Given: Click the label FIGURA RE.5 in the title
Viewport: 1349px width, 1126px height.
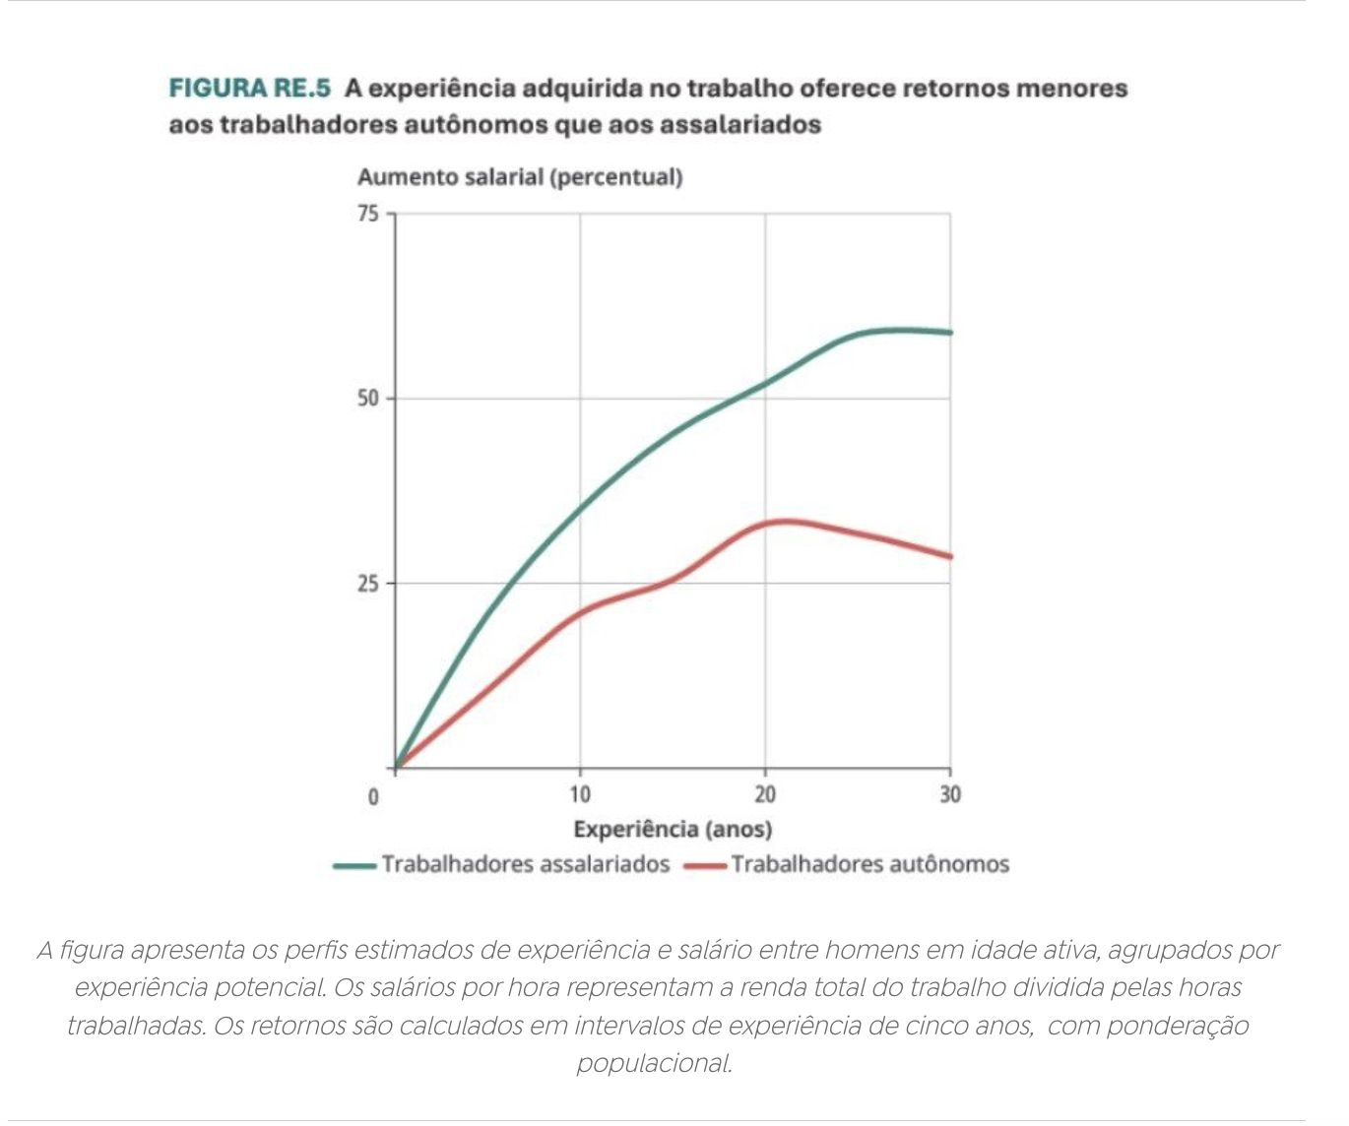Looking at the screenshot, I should click(x=249, y=89).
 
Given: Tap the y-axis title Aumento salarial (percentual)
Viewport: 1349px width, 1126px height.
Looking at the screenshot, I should click(x=519, y=177).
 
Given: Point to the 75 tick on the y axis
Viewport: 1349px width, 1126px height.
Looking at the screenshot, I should click(x=367, y=214).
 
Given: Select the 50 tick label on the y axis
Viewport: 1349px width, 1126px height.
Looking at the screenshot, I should click(x=367, y=399).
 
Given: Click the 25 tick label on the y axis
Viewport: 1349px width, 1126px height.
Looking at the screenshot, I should click(x=367, y=584).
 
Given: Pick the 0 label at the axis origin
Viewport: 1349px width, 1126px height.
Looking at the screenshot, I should click(x=373, y=796).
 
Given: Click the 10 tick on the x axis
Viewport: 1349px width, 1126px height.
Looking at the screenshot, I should click(x=580, y=794).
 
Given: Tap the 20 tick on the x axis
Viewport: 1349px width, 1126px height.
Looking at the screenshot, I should click(x=765, y=794).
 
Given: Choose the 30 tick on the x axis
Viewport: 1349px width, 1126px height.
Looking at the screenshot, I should click(x=949, y=794).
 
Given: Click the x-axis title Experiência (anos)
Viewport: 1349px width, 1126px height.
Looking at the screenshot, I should click(x=673, y=829).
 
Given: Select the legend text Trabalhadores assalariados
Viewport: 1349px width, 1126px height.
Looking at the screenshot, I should click(x=525, y=864).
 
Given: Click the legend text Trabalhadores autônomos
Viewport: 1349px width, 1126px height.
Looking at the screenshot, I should click(x=869, y=864).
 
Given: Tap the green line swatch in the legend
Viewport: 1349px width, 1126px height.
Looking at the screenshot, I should click(x=354, y=866).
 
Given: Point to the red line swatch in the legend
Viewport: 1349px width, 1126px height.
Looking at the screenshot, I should click(x=705, y=866).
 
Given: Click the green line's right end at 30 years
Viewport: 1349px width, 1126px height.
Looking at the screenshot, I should click(x=949, y=333).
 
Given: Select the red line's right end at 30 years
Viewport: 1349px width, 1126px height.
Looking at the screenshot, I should click(x=949, y=557).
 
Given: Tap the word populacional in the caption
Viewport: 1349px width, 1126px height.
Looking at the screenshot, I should click(x=654, y=1064).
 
